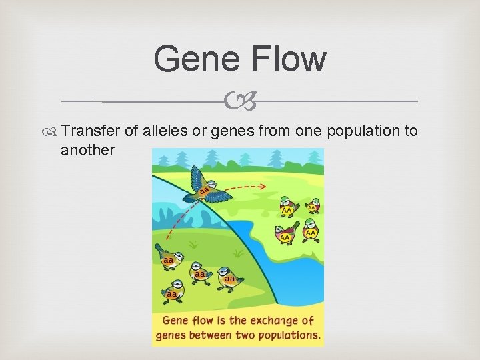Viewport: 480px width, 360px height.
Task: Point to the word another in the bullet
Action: (x=87, y=150)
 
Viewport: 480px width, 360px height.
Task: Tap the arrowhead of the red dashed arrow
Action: (x=263, y=187)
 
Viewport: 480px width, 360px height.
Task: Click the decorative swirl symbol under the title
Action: (x=239, y=101)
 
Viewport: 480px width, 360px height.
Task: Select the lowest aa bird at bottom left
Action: (x=172, y=291)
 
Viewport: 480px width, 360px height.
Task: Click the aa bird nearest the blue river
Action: (x=230, y=277)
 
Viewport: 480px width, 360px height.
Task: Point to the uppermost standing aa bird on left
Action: (x=170, y=259)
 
